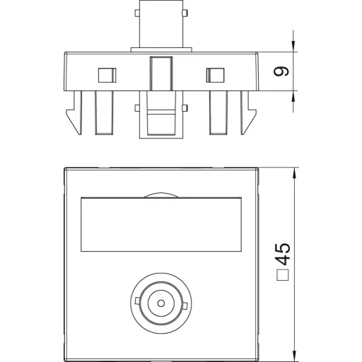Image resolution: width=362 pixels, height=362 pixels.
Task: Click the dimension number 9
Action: (281, 71)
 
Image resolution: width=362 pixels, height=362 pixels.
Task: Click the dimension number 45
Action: (283, 254)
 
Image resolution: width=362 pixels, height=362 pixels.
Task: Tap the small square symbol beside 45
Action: (283, 275)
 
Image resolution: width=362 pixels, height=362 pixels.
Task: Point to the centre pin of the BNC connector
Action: (161, 303)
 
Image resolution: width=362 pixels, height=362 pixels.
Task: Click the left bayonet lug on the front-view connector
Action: (138, 300)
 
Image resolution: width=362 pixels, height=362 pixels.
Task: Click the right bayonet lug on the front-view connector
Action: (185, 305)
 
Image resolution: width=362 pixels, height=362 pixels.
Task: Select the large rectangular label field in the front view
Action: (161, 224)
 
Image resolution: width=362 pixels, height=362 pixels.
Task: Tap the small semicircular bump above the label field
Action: (160, 195)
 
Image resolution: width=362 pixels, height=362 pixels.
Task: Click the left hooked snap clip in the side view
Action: (75, 112)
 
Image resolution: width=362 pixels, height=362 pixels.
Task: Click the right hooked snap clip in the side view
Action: (247, 112)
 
